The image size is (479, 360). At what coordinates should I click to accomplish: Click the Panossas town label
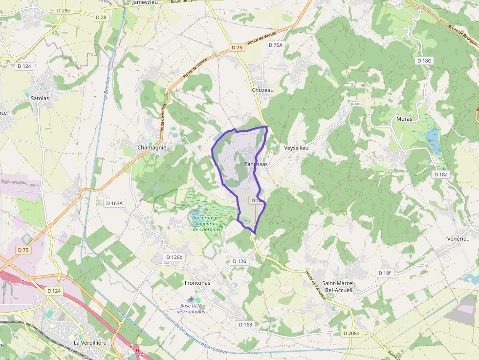(x=256, y=165)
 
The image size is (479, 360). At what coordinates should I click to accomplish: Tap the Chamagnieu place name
(x=153, y=148)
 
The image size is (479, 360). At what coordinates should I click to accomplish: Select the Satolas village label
(x=40, y=98)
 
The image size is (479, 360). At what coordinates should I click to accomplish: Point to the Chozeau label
(x=262, y=90)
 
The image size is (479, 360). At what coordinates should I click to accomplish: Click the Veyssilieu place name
(x=297, y=148)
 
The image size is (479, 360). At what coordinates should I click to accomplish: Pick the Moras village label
(x=404, y=119)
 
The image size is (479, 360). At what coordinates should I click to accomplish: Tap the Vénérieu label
(x=458, y=238)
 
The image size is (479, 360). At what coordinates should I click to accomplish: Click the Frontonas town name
(x=197, y=283)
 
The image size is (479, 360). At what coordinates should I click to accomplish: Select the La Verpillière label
(x=90, y=343)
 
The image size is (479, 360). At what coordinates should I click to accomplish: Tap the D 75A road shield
(x=275, y=45)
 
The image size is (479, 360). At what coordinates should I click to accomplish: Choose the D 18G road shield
(x=424, y=61)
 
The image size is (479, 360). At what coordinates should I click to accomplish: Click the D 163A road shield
(x=116, y=203)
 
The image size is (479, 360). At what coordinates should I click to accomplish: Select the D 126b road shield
(x=174, y=257)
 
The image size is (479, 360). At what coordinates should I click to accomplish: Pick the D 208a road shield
(x=351, y=333)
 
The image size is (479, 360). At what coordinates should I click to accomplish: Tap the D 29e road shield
(x=64, y=10)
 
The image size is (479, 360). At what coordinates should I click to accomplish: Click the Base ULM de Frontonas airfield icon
(x=191, y=298)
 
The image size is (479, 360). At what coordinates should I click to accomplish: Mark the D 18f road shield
(x=385, y=273)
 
